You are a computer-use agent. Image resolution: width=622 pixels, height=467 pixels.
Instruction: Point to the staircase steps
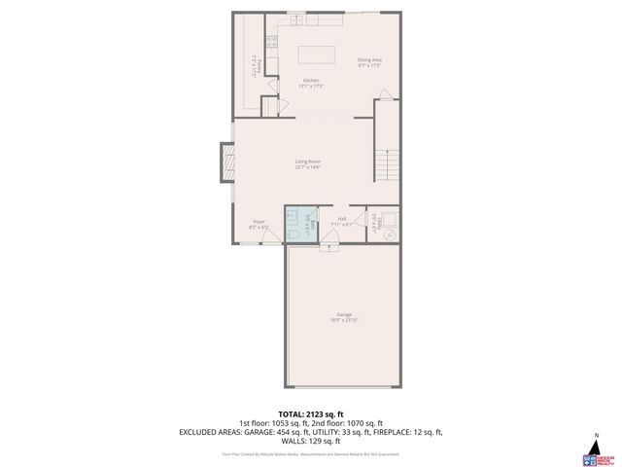click(x=390, y=161)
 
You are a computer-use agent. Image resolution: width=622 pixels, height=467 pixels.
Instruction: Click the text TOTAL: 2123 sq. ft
click(x=311, y=413)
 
